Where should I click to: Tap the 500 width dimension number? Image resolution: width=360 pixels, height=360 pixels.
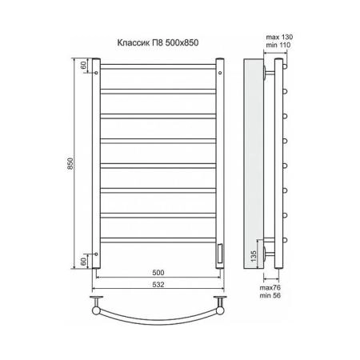pos(158,271)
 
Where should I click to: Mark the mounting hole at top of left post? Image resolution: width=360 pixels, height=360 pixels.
pos(97,73)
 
